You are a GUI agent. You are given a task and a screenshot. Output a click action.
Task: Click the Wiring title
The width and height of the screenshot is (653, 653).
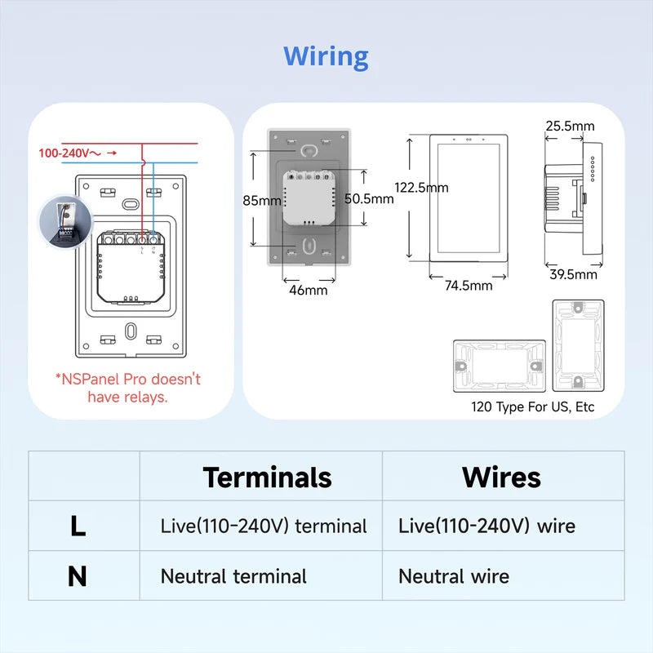pos(326,57)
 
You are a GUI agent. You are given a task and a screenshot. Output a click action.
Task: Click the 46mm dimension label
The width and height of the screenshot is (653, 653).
pos(306,290)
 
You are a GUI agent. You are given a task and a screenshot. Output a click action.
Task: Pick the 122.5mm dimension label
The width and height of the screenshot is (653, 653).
pos(421,187)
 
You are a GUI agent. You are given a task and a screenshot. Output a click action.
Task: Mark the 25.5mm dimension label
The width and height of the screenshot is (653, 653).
pos(570,126)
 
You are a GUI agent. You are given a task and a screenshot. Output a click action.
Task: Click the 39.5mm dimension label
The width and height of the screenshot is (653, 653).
pos(572,274)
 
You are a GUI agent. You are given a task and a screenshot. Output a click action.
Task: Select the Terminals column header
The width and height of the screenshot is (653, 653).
pos(267,477)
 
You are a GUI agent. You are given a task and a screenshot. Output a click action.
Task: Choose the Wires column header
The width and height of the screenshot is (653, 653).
pos(501,477)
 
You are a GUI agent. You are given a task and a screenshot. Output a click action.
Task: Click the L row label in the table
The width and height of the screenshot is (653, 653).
pos(78,526)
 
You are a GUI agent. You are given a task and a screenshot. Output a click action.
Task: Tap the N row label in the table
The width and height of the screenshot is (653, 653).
pos(78,577)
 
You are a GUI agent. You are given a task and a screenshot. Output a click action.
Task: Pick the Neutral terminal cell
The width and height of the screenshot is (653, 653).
pos(233,576)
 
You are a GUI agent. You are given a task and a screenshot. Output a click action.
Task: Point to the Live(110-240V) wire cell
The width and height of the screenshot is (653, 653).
pos(486,526)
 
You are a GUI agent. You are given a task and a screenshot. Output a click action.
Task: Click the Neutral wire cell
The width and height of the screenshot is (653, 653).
pos(453,576)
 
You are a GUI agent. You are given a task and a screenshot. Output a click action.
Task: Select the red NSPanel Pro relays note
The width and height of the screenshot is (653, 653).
pos(127,388)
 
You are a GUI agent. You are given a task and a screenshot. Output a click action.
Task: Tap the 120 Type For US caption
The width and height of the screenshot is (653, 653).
pos(532,406)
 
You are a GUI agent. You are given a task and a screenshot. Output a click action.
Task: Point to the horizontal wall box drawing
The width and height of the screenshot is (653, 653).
pos(500,366)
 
